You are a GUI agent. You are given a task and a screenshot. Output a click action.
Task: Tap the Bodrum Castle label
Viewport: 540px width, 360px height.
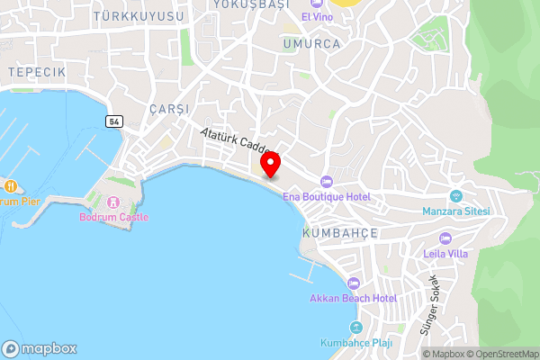point(113,217)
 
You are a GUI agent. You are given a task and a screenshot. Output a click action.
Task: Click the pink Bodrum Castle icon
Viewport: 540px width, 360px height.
point(113,202)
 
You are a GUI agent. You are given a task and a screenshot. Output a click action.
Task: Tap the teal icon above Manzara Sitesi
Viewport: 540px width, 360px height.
point(455,196)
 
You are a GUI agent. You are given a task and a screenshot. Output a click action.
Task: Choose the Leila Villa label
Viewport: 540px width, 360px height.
point(445,254)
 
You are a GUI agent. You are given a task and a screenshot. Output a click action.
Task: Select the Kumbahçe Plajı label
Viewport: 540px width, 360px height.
point(357,343)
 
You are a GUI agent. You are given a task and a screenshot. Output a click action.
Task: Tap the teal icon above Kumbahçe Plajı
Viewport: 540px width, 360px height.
point(357,328)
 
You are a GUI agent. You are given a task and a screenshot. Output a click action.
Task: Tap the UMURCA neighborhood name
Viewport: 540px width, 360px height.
point(310,43)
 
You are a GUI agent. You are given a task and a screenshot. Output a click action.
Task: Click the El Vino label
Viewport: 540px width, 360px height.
point(316,17)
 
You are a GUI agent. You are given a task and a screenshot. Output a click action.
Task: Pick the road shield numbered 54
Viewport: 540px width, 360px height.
point(112,121)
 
